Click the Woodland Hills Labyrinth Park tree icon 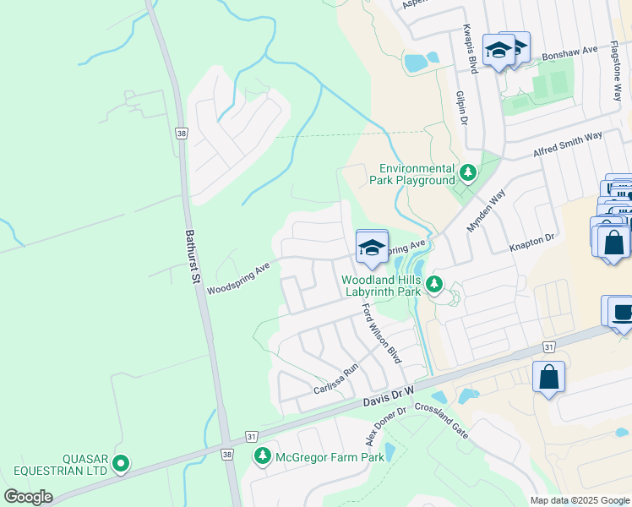pos(434,284)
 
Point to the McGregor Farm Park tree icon pos(263,457)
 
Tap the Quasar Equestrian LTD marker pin pos(121,462)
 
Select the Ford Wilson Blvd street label pos(382,334)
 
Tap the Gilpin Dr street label pos(462,108)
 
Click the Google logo pos(29,497)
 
